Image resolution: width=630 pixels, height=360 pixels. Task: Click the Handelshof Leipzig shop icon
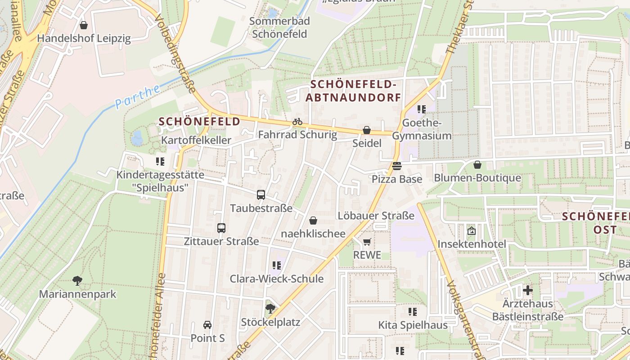click(83, 25)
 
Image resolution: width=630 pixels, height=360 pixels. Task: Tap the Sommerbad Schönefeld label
click(279, 27)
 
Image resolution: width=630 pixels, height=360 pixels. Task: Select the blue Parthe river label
click(137, 96)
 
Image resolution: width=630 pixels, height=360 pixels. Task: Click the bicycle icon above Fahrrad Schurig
click(297, 121)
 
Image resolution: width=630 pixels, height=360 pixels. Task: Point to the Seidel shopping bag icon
click(367, 130)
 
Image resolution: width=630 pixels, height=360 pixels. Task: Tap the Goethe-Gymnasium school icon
click(422, 109)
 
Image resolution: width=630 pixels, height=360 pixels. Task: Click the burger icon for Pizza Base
click(396, 166)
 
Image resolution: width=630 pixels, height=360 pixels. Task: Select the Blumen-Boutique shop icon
click(477, 165)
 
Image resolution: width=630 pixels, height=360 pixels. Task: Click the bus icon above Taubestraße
click(261, 195)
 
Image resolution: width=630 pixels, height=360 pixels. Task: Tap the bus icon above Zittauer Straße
click(221, 228)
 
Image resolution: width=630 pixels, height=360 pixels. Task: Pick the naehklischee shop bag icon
click(313, 220)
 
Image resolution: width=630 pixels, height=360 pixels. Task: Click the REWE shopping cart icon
click(367, 242)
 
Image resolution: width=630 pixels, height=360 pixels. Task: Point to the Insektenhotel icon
click(472, 231)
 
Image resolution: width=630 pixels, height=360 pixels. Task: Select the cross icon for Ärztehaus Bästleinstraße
click(528, 290)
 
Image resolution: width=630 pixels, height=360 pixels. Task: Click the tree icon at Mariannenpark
click(77, 281)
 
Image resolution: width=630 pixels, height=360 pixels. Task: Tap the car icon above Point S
click(207, 324)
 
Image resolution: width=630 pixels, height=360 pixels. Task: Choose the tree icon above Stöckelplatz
click(270, 309)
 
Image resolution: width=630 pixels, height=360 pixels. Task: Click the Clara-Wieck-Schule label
click(277, 279)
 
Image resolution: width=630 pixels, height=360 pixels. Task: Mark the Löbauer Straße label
click(376, 216)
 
